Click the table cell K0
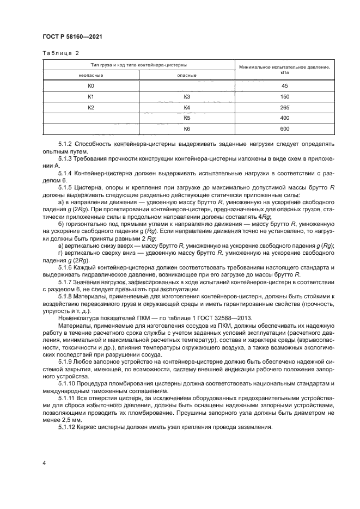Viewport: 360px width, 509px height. (x=91, y=86)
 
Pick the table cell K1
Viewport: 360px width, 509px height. (x=91, y=97)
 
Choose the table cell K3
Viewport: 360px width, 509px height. (x=187, y=97)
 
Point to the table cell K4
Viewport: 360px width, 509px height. (x=187, y=108)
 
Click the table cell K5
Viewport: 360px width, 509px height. (x=187, y=118)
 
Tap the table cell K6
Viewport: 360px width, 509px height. (x=187, y=129)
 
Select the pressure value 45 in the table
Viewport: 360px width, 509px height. (x=284, y=86)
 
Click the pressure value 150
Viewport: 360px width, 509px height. (x=284, y=97)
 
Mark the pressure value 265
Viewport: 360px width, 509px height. (x=284, y=108)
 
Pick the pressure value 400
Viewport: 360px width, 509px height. (x=284, y=118)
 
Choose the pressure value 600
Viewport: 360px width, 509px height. (x=284, y=129)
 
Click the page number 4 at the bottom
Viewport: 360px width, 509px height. (x=44, y=462)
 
